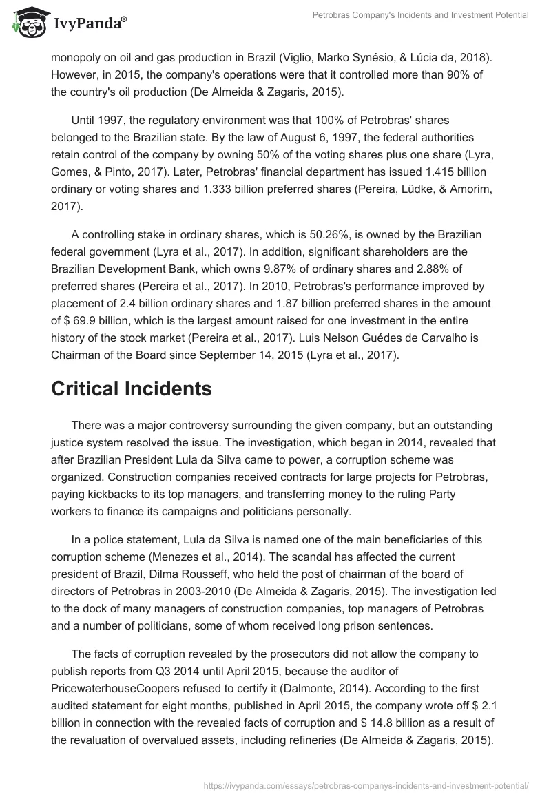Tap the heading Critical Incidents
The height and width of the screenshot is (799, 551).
coord(132,388)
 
